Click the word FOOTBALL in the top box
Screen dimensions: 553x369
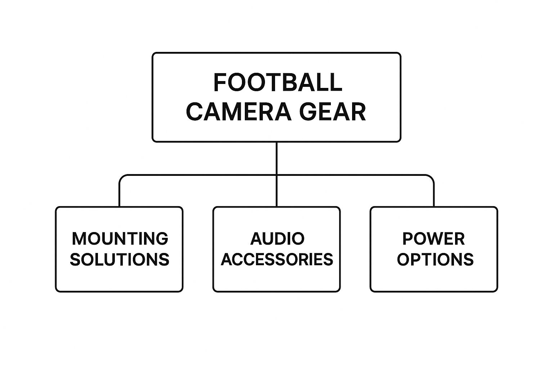click(x=278, y=82)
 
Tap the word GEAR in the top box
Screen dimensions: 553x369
click(x=333, y=112)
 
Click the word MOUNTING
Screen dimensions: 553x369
click(x=120, y=239)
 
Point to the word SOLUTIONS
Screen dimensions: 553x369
click(x=120, y=259)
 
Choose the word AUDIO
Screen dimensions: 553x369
click(x=277, y=239)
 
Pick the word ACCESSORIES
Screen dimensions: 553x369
click(x=277, y=259)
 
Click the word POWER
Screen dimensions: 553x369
click(x=433, y=239)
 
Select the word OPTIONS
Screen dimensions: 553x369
click(x=435, y=259)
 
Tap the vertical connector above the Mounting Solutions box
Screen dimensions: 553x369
click(x=120, y=195)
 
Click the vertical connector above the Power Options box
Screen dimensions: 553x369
click(x=434, y=195)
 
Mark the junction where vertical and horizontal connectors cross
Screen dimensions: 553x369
click(x=276, y=175)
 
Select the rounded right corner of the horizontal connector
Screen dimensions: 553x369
click(x=431, y=178)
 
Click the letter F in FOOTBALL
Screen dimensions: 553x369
click(x=220, y=82)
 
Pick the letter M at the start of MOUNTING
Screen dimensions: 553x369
click(x=79, y=239)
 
